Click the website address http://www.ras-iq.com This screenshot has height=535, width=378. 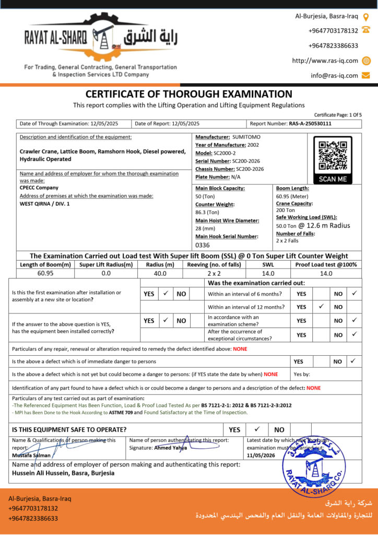point(325,61)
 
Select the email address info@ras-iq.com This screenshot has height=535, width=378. point(334,75)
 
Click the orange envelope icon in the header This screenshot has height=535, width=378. point(366,75)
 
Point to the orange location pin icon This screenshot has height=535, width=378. point(366,17)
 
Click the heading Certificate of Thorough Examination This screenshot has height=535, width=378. point(188,94)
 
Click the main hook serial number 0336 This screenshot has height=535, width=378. point(202,245)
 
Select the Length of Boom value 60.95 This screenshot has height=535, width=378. point(45,273)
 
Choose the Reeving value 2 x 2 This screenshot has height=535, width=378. point(214,273)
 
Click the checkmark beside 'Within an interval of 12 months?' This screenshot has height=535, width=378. point(321,307)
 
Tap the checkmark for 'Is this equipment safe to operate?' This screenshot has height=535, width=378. point(256,429)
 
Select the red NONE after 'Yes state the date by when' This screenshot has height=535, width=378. point(270,374)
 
